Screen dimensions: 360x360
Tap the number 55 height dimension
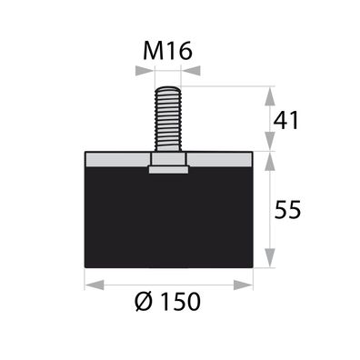(287, 209)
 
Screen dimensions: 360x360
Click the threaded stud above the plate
(169, 118)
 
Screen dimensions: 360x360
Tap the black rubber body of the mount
(169, 218)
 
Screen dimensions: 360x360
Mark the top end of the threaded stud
(169, 89)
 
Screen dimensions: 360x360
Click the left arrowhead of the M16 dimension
(145, 76)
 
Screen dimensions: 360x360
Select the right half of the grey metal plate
(222, 158)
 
